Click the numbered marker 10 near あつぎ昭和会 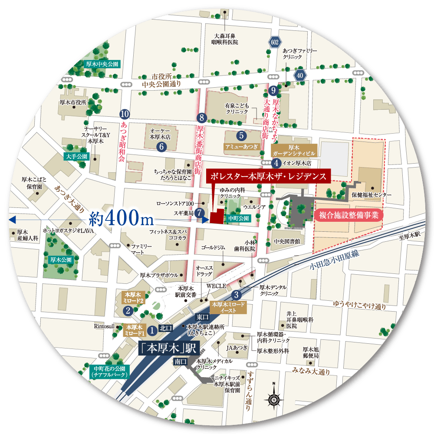(124, 114)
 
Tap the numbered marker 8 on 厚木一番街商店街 (200, 117)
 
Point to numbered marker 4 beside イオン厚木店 (276, 163)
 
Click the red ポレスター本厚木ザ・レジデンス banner (269, 176)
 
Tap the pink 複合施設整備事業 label (349, 215)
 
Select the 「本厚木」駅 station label (169, 348)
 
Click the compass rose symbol (273, 398)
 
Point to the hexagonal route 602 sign (274, 42)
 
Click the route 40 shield (299, 75)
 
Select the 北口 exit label (166, 328)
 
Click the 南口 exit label (181, 361)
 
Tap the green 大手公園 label (76, 156)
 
